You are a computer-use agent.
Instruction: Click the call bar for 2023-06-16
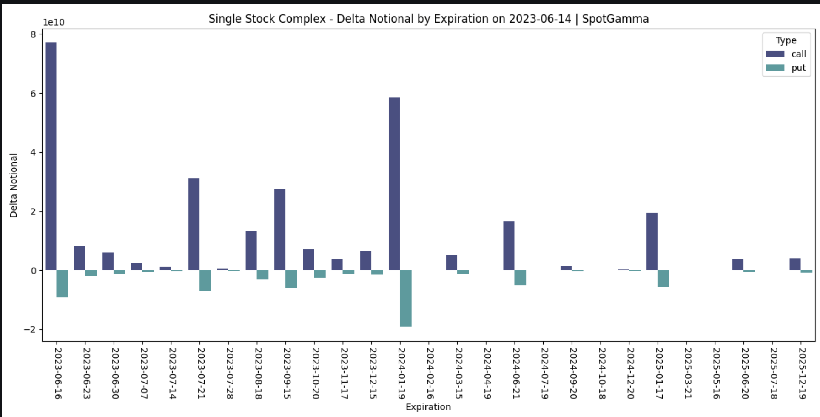[51, 156]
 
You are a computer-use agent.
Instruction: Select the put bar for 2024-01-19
[406, 298]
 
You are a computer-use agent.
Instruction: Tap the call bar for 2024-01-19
[394, 184]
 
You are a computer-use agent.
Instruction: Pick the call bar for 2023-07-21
[194, 224]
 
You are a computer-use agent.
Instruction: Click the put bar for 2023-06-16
[62, 283]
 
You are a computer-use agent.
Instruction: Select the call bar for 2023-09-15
[280, 229]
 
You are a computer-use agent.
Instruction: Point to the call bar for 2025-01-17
[652, 241]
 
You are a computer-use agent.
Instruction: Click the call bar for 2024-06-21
[509, 246]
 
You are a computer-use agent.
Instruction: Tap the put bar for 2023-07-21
[205, 280]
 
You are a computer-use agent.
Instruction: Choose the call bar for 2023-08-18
[251, 250]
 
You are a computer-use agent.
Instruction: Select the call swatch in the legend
[775, 54]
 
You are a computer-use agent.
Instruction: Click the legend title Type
[786, 40]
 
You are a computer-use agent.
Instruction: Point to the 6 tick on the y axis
[33, 94]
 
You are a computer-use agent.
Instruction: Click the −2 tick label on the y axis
[30, 330]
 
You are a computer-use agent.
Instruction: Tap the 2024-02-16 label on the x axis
[430, 373]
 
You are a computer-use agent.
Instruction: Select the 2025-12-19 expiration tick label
[802, 373]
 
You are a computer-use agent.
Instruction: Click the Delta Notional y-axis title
[14, 186]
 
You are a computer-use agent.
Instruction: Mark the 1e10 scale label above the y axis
[54, 22]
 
